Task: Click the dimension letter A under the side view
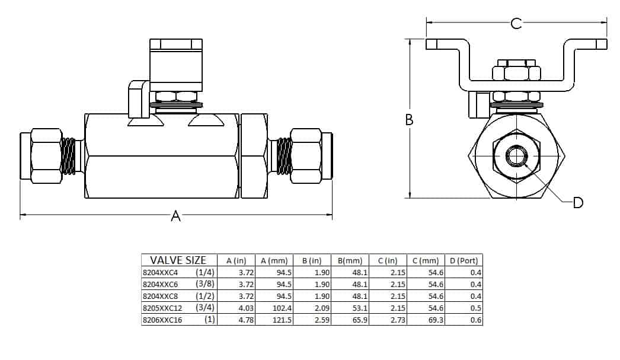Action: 175,216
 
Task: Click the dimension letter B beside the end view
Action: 409,119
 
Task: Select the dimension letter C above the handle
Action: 516,23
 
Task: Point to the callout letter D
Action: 579,203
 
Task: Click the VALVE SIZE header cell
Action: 178,260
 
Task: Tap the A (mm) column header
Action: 273,260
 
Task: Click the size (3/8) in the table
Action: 204,284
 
